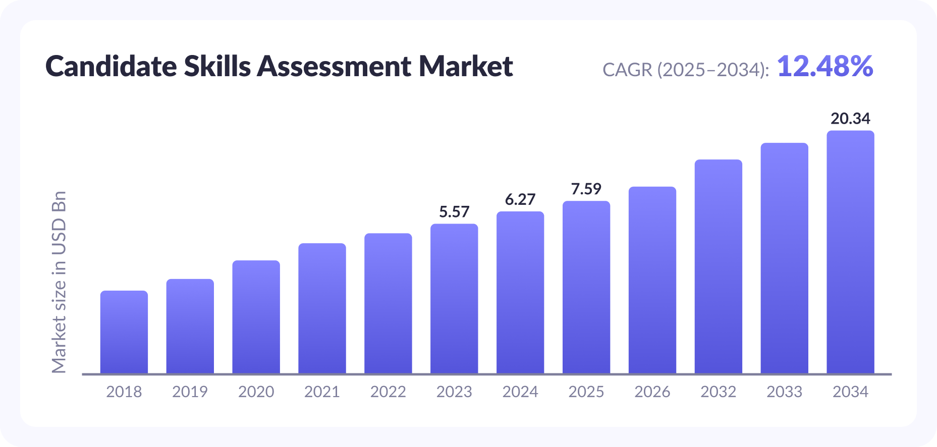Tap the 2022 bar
[388, 303]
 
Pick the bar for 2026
[652, 280]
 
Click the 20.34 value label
[850, 119]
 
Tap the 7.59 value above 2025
[586, 189]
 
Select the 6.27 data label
[520, 200]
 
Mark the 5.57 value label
[454, 212]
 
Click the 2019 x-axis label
[190, 392]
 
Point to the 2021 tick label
[322, 392]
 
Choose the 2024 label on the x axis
[520, 392]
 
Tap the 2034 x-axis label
[850, 392]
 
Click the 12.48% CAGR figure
[825, 67]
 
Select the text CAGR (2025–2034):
[686, 70]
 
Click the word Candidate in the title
[111, 67]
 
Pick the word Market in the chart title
[466, 67]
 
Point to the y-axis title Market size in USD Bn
[59, 283]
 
